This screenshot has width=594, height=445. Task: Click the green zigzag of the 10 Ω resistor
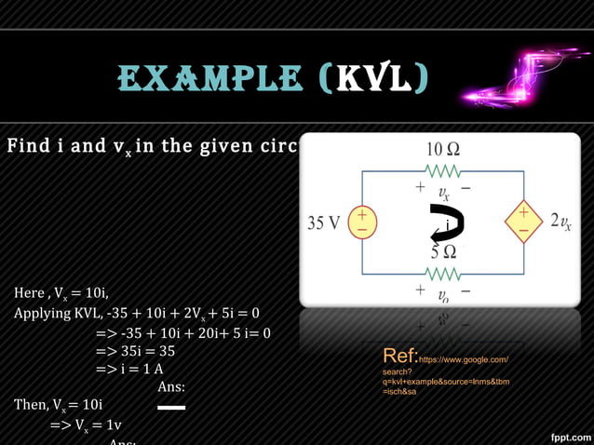443,171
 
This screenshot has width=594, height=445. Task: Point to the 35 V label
325,223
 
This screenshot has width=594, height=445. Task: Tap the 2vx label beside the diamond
560,222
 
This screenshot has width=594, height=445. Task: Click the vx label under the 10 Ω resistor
443,194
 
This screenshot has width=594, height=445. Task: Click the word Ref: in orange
399,357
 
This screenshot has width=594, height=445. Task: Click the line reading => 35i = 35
135,351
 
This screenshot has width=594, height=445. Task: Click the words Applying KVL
56,313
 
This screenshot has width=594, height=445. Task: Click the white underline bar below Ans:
171,408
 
